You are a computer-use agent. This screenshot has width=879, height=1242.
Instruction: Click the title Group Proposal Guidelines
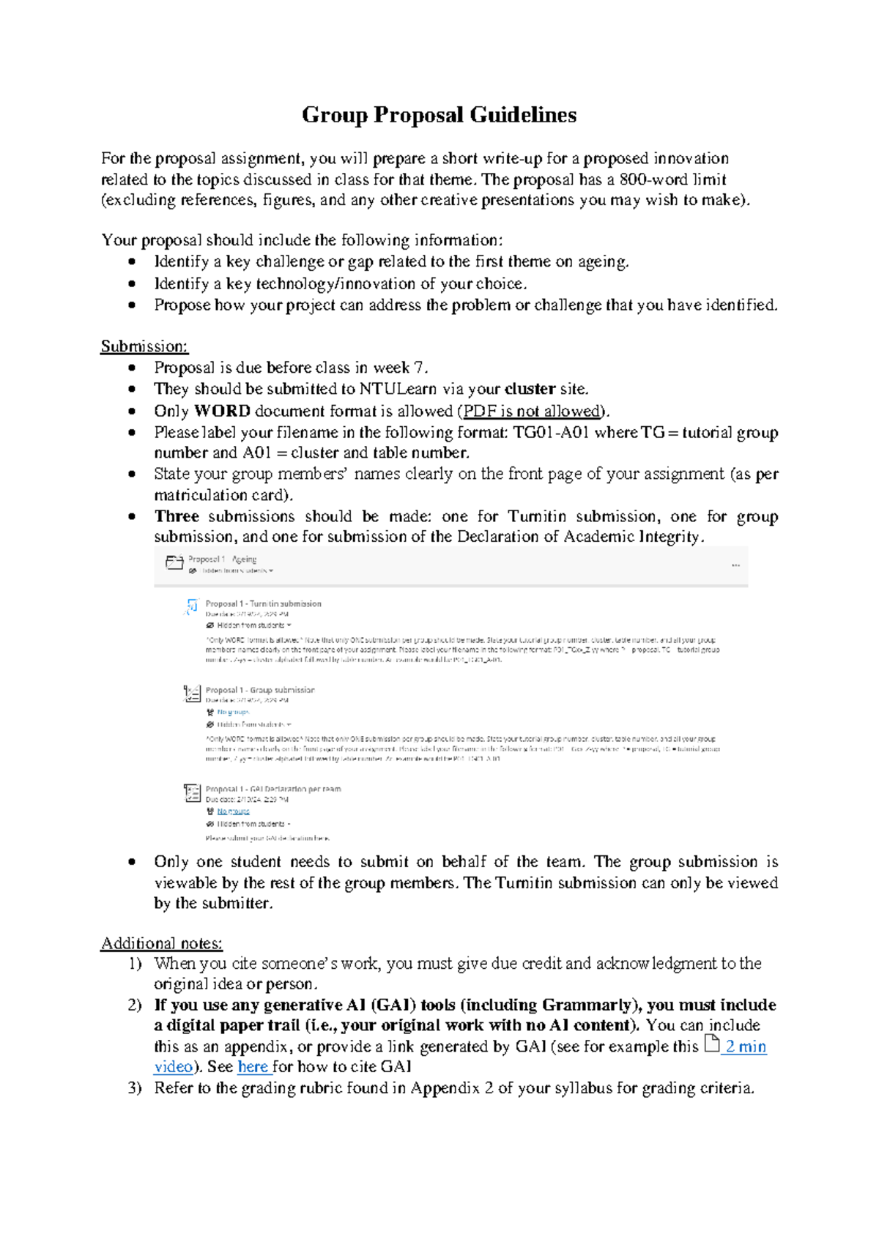[439, 115]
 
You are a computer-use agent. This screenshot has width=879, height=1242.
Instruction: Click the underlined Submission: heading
[144, 346]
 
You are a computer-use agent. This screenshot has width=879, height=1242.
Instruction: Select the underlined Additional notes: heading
[161, 943]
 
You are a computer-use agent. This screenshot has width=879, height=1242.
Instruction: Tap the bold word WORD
[222, 411]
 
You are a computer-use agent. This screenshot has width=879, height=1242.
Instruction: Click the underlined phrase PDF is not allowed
[533, 411]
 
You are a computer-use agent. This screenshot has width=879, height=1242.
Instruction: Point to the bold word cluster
[530, 389]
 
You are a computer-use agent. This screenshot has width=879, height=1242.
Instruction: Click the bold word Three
[177, 516]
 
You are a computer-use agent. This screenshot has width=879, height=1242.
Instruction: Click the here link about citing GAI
[253, 1067]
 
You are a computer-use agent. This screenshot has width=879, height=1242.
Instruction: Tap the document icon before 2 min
[711, 1044]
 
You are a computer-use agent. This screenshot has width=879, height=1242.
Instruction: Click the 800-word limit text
[672, 179]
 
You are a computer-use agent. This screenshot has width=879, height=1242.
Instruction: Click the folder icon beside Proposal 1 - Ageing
[174, 562]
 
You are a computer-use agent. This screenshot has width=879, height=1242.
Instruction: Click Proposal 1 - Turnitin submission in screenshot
[263, 604]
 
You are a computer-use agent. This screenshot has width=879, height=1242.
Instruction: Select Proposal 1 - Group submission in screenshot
[259, 690]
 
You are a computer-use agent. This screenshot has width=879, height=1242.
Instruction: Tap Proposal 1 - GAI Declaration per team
[272, 789]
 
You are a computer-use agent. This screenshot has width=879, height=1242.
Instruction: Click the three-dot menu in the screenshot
[735, 565]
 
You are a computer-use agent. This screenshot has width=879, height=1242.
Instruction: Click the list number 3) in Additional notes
[134, 1088]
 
